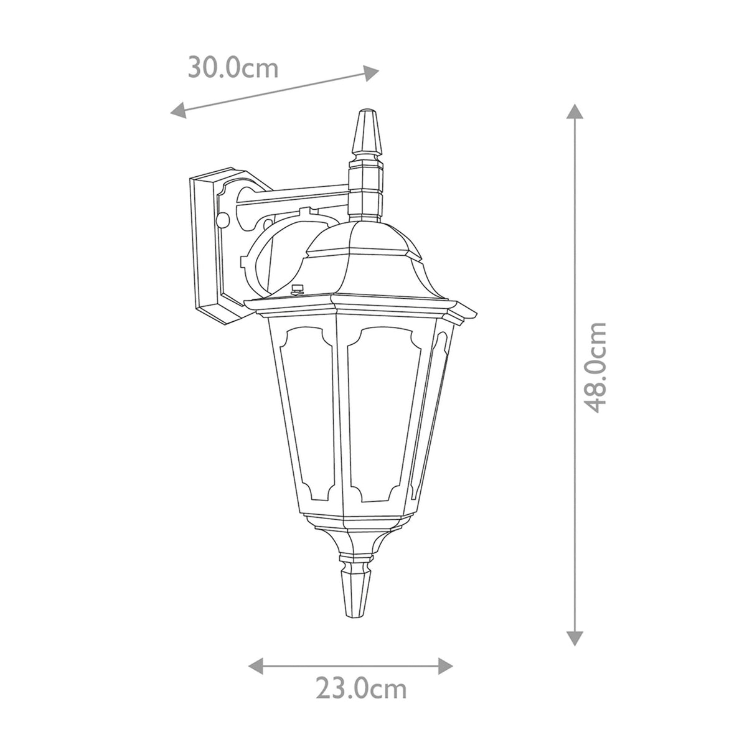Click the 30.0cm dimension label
point(233,67)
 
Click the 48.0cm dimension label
point(596,367)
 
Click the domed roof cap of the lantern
point(361,261)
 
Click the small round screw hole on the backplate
point(223,218)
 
